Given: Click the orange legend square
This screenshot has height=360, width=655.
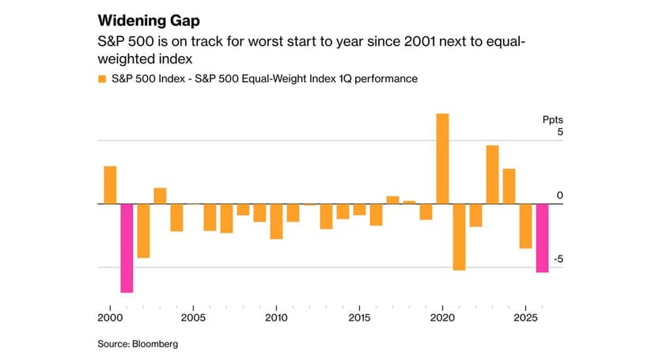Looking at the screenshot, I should pyautogui.click(x=101, y=79).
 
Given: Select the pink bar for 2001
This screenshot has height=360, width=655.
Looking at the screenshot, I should pyautogui.click(x=127, y=248).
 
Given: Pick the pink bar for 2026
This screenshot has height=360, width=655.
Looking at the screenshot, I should pyautogui.click(x=542, y=238).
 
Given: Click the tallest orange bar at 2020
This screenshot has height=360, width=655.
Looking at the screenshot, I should pyautogui.click(x=442, y=159).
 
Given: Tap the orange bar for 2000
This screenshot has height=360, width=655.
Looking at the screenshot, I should pyautogui.click(x=110, y=185).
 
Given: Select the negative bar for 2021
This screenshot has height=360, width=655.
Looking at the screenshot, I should pyautogui.click(x=459, y=237).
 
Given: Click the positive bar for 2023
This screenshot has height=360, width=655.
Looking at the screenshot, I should pyautogui.click(x=492, y=175).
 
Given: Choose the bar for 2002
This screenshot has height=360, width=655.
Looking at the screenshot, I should pyautogui.click(x=143, y=231).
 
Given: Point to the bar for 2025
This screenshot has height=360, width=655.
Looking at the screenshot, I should pyautogui.click(x=525, y=226).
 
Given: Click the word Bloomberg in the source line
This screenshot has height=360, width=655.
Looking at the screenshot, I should pyautogui.click(x=157, y=344).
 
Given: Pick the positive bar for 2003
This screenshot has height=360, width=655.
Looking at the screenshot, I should pyautogui.click(x=160, y=196).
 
